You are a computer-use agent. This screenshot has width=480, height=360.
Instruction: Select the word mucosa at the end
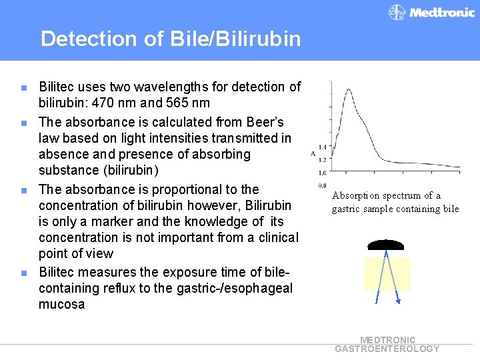[x=62, y=304]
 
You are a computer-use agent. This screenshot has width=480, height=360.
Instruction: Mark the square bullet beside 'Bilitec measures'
[x=24, y=273]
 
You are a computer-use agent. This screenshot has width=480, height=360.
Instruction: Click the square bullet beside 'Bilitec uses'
[x=24, y=87]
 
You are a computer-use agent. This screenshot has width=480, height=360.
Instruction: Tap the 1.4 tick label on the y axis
[x=322, y=147]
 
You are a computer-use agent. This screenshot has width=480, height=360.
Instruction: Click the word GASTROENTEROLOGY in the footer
[x=387, y=349]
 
